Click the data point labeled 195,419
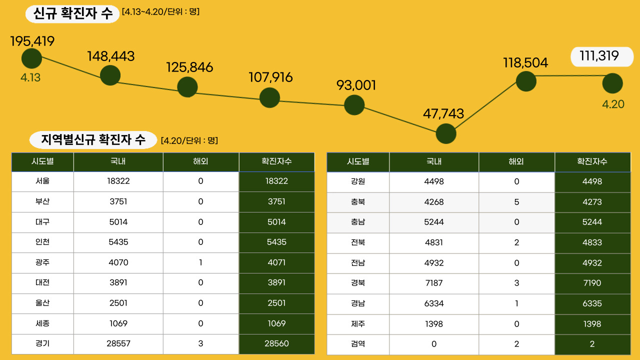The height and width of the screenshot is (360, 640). (31, 58)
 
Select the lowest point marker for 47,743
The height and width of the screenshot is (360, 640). (446, 133)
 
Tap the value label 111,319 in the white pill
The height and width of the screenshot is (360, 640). (599, 56)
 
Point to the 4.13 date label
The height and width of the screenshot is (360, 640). (30, 78)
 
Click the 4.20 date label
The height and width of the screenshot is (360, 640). (613, 104)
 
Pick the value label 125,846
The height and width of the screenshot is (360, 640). (189, 67)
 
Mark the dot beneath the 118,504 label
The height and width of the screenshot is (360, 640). (526, 81)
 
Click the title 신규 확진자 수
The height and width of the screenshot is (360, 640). (73, 13)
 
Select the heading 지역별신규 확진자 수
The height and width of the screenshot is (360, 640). (93, 140)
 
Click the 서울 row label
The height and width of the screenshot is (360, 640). (42, 181)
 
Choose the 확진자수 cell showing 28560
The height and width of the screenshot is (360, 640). (276, 343)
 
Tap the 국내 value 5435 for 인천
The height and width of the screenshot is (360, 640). (118, 242)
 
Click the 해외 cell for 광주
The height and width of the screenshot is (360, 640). (200, 262)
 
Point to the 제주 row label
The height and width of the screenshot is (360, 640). (358, 324)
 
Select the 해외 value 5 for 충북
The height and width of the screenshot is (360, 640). (516, 202)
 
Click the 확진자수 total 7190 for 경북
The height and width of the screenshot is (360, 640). (592, 283)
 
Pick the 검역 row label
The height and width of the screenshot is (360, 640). (358, 344)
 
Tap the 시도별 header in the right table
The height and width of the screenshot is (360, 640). (358, 162)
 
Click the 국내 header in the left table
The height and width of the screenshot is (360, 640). (118, 162)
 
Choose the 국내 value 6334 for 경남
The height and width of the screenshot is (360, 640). (433, 303)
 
